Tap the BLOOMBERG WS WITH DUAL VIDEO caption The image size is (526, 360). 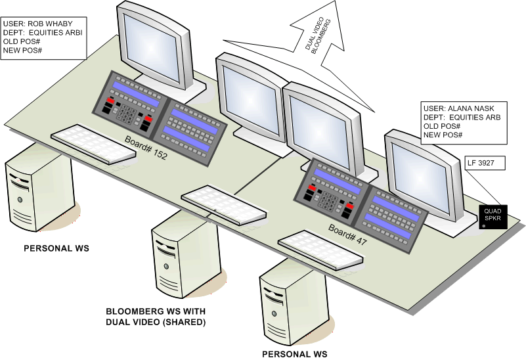[156, 317]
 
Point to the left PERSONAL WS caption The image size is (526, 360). [56, 249]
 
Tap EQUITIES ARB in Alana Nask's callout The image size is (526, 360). [475, 117]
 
